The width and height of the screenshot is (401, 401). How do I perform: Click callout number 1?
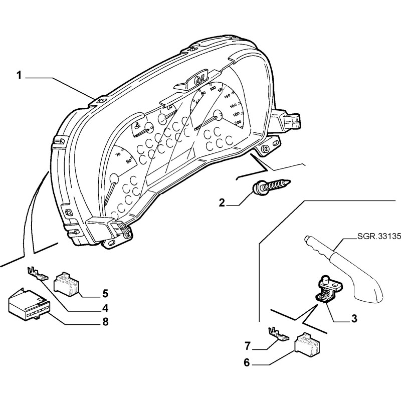[x=19, y=76]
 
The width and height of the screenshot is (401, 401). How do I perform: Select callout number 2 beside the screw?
[x=222, y=203]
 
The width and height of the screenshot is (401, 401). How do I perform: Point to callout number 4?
[x=104, y=307]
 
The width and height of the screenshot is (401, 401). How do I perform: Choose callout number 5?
[x=104, y=293]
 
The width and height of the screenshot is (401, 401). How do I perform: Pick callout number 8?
[x=104, y=321]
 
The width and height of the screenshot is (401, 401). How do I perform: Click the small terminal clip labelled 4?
[x=37, y=274]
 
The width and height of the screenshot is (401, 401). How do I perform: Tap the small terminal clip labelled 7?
[x=277, y=333]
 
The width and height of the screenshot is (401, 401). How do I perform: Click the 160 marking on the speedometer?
[x=233, y=106]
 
